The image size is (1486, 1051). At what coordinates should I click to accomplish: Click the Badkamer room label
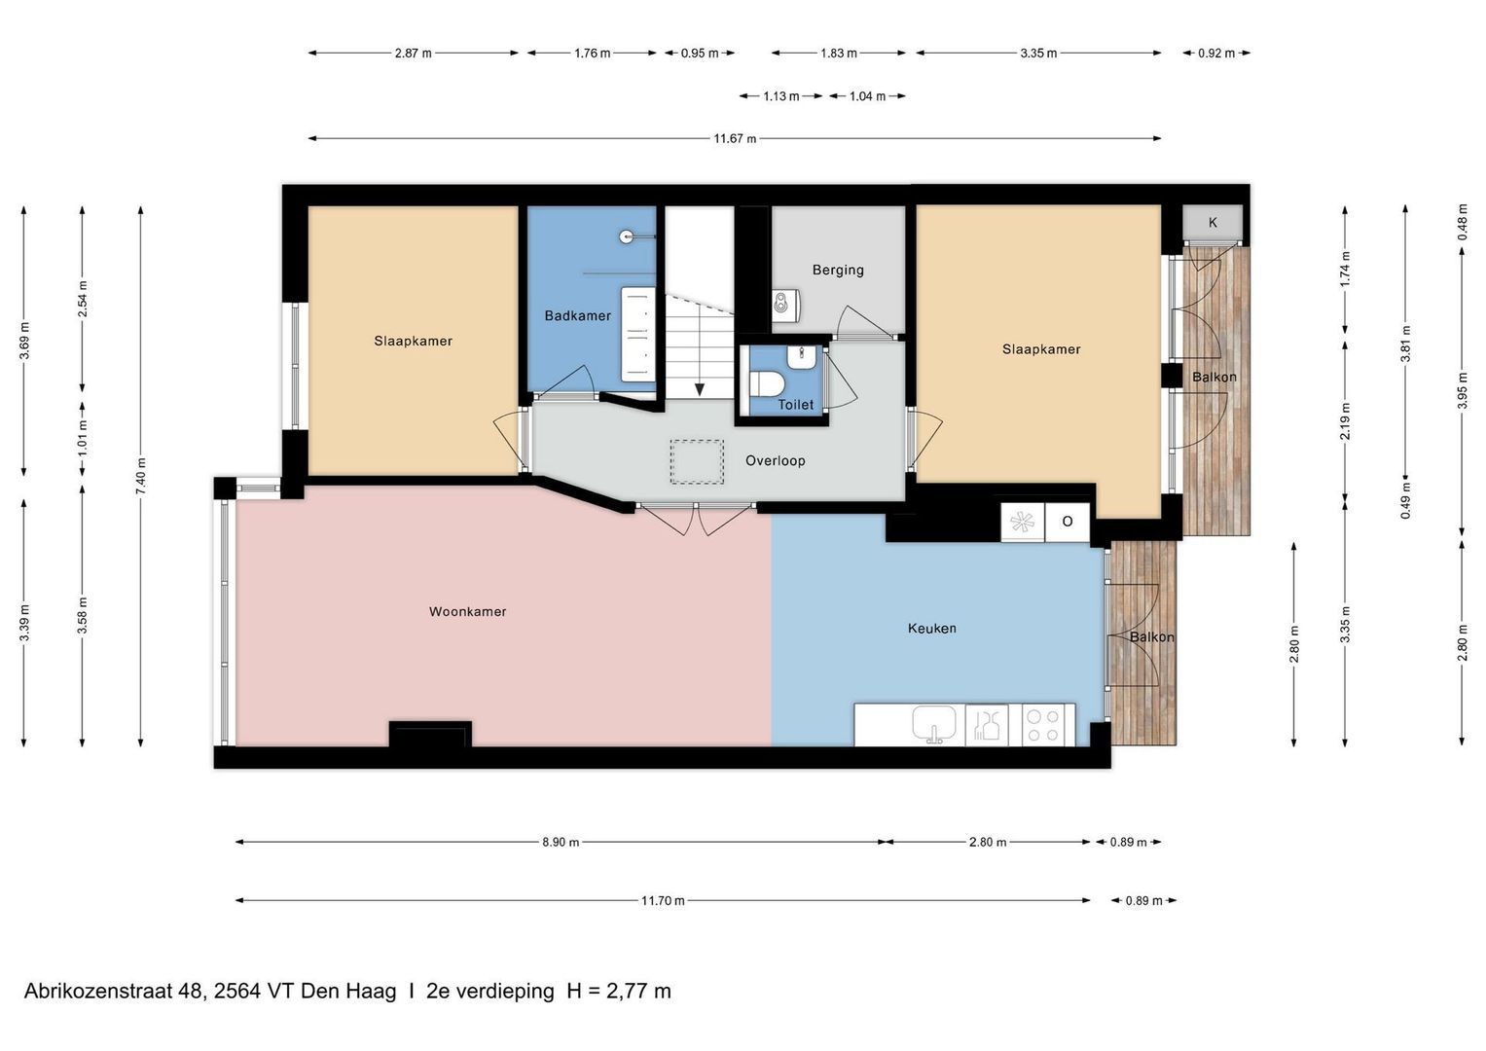coord(577,316)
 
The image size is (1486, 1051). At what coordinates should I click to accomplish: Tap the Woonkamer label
coord(468,612)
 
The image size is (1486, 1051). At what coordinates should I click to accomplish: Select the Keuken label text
coord(932,629)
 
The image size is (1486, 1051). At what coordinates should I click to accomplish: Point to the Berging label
coord(838,271)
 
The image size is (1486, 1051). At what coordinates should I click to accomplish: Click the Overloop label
coord(775,460)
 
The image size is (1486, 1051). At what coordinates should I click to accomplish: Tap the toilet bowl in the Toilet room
coord(767,383)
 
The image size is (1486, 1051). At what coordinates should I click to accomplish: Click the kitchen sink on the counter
coord(934,724)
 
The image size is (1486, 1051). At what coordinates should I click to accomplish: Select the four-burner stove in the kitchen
coord(1047,725)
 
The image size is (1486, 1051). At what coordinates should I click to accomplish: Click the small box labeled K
coord(1213,223)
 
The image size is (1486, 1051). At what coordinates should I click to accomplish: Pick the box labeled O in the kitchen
coord(1067,522)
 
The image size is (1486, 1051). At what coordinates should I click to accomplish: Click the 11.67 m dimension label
coord(735,138)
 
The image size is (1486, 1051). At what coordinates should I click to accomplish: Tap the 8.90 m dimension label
coord(561,842)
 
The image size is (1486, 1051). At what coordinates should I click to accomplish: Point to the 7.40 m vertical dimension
coord(140,476)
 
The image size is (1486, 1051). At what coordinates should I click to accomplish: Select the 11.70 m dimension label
coord(662,900)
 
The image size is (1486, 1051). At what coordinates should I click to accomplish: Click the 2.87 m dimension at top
coord(413,54)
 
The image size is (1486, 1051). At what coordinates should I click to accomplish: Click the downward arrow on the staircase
coord(700,389)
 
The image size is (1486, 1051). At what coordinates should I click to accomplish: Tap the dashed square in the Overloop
coord(697,462)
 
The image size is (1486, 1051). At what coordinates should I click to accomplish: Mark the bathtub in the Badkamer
coord(638,335)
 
